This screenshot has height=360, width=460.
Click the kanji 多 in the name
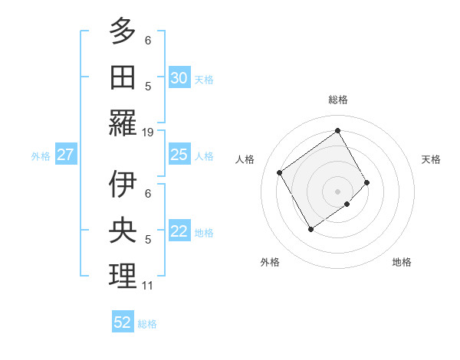[x=123, y=33]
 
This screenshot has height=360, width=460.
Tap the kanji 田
[x=123, y=77]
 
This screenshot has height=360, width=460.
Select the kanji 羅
[x=123, y=123]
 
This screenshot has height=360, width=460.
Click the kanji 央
[x=123, y=231]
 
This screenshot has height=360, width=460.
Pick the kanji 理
[x=123, y=277]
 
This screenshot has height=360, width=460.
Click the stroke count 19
[x=148, y=133]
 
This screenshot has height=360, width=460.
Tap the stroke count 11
[x=148, y=286]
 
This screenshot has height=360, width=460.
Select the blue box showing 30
[x=179, y=78]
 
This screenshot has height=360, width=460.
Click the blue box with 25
[x=179, y=155]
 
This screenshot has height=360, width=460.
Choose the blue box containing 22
[x=179, y=231]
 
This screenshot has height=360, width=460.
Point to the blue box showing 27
[x=65, y=155]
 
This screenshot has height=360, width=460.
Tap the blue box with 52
[x=123, y=322]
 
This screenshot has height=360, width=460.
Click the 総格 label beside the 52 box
[x=147, y=324]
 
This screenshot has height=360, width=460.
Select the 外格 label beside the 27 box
[x=41, y=156]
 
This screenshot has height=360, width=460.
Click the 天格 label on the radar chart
[x=431, y=159]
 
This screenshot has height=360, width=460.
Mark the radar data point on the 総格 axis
[x=337, y=130]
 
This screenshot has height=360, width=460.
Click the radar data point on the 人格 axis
[x=280, y=172]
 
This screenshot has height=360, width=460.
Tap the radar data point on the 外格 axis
[x=310, y=228]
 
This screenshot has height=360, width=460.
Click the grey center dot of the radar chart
[x=337, y=190]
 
